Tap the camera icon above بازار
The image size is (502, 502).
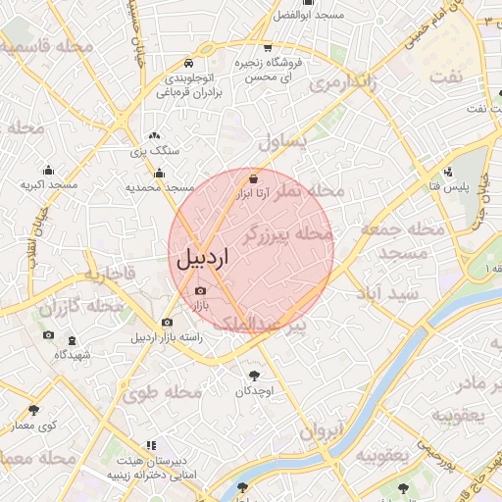pos(201,290)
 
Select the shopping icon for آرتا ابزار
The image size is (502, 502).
pos(254,178)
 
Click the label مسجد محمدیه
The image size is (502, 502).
pos(161,186)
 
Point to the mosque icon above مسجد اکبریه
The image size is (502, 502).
pos(48,170)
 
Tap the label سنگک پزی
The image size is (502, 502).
pos(155,152)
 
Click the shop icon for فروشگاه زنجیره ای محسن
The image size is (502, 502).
pos(268,47)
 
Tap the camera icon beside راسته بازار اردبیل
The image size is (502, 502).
pos(167,322)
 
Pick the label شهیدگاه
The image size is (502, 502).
pos(73,354)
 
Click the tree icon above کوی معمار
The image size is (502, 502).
pos(34,410)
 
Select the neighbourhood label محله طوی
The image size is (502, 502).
pos(163,393)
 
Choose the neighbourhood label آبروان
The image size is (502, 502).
pos(324,429)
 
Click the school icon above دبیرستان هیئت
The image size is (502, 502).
pos(150,446)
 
